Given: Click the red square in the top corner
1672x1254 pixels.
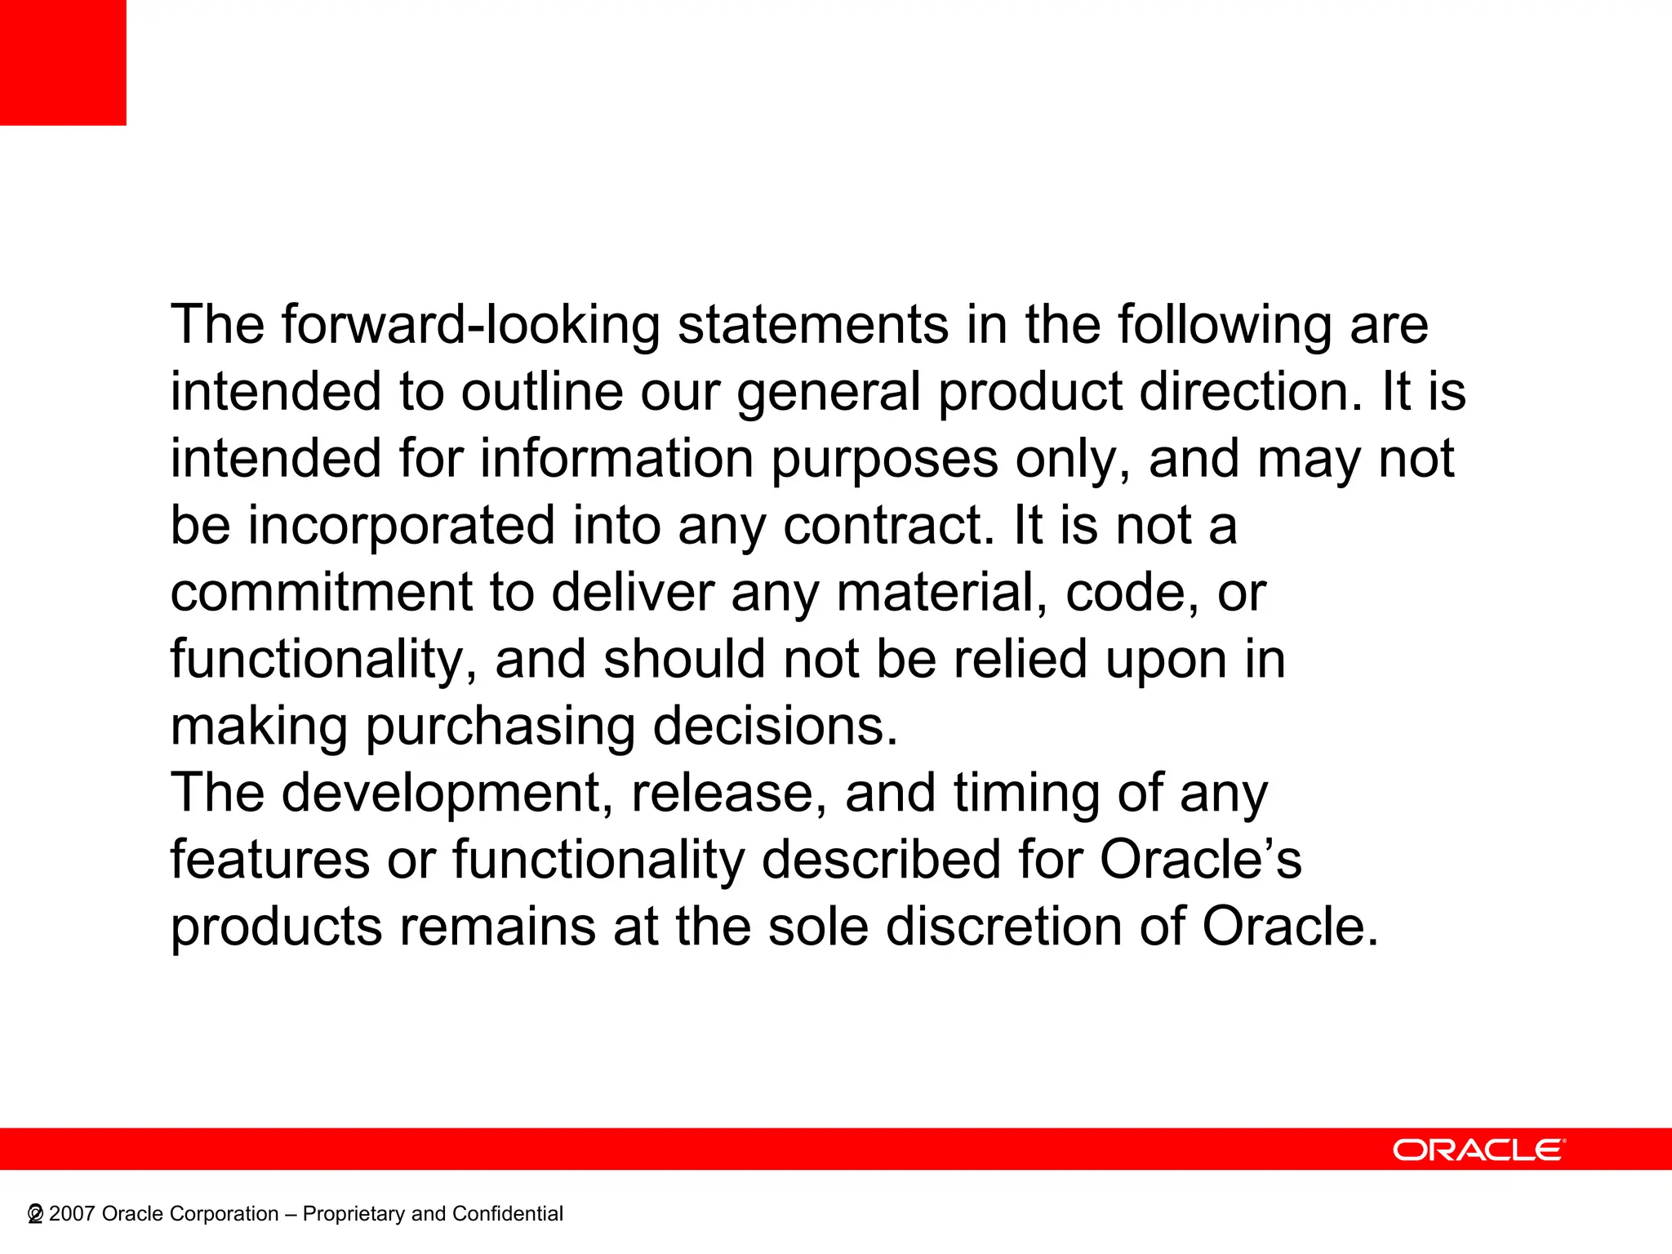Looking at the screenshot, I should coord(63,62).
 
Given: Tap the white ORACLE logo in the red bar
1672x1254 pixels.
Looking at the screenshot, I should coord(1479,1149).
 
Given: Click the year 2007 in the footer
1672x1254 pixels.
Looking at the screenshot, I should coord(72,1214).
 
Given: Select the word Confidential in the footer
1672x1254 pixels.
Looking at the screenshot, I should coord(507,1214).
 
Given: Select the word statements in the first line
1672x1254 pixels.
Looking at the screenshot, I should coord(813,325).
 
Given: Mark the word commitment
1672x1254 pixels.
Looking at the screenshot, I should coord(322,593).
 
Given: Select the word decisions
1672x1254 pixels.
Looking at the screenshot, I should coord(775,727).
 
